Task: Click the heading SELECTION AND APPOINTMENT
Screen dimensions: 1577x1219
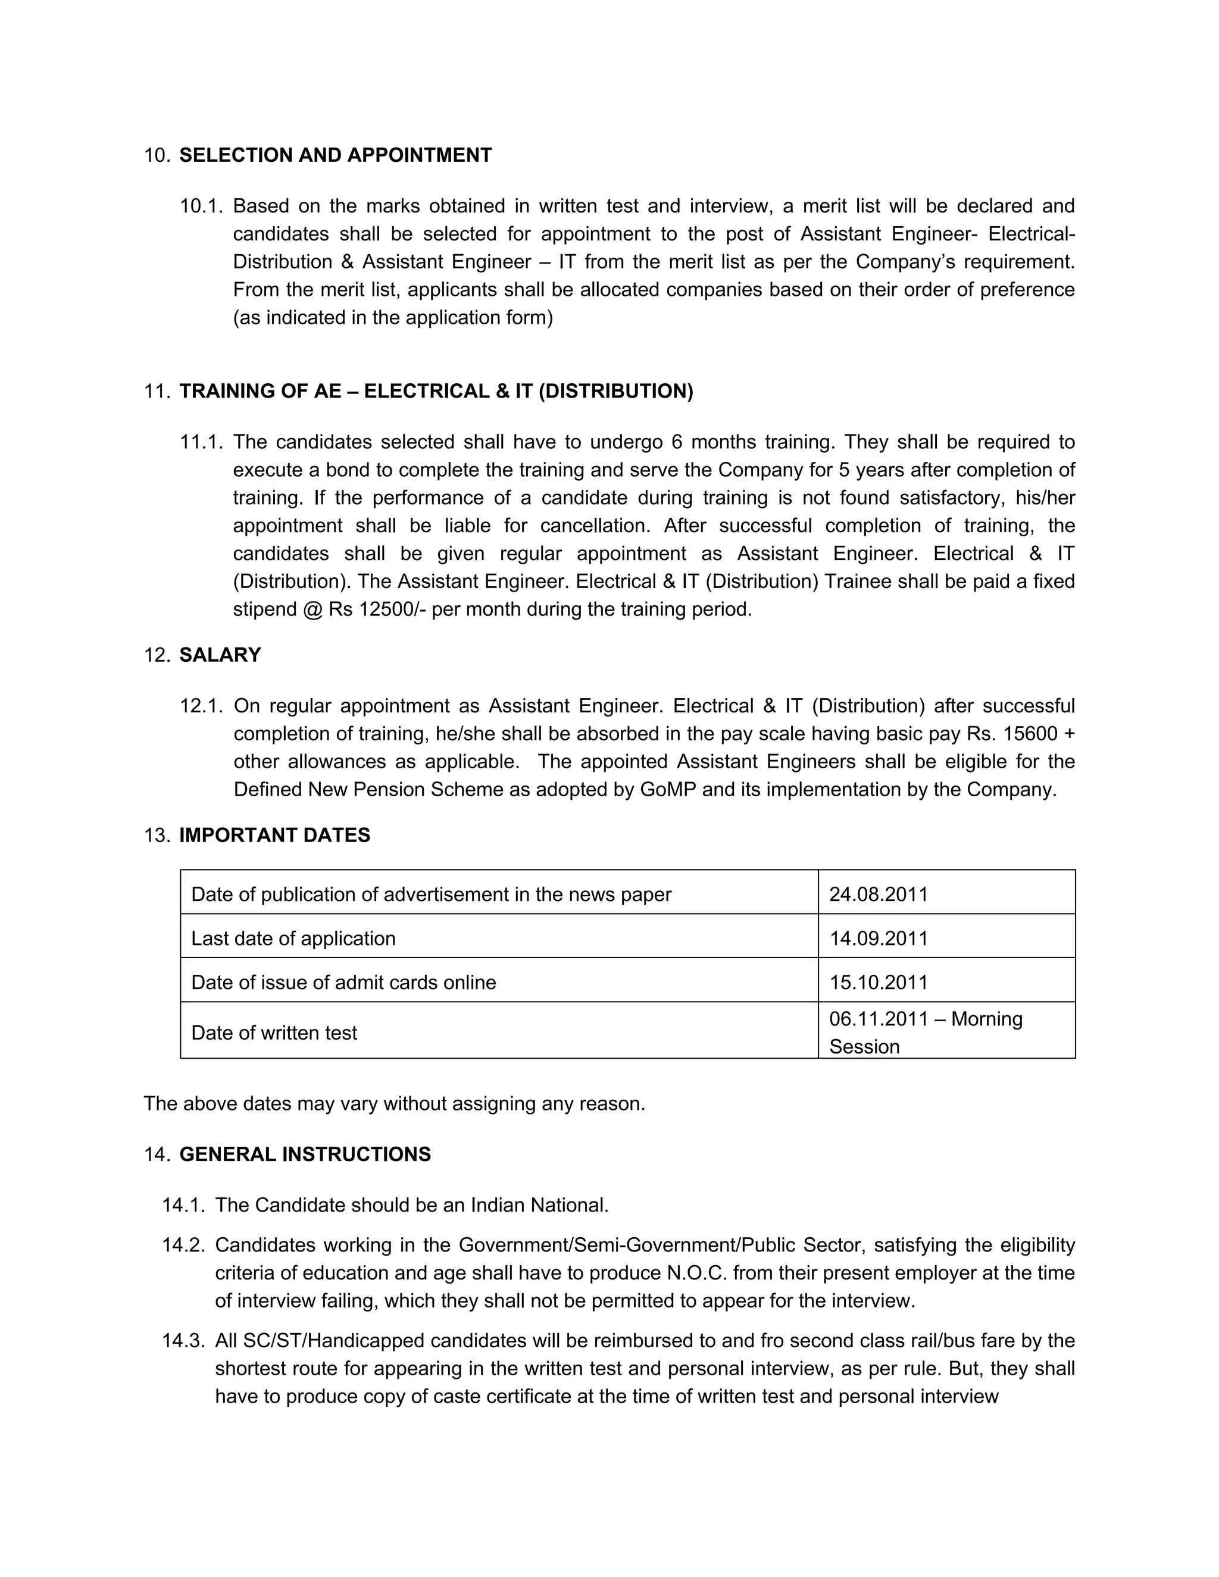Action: (335, 155)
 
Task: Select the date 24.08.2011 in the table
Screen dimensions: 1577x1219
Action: (878, 894)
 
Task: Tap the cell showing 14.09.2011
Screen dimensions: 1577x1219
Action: (878, 938)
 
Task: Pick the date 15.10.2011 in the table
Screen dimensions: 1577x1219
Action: (878, 982)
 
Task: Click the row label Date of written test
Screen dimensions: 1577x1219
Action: (274, 1032)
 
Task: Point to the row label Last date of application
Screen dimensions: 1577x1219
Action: (293, 938)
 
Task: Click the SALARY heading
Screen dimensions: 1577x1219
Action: (220, 655)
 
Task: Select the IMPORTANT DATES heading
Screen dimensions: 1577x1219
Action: (274, 835)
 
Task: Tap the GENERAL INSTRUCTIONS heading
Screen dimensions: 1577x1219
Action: (305, 1154)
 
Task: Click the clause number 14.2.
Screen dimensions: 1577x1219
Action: (183, 1245)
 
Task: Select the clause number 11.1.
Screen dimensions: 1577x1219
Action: (202, 442)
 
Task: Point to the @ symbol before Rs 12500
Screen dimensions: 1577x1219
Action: (312, 609)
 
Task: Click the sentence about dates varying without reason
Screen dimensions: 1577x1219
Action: (394, 1103)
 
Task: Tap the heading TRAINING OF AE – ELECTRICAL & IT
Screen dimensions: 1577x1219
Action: (436, 392)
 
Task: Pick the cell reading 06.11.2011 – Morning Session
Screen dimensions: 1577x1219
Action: (926, 1032)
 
